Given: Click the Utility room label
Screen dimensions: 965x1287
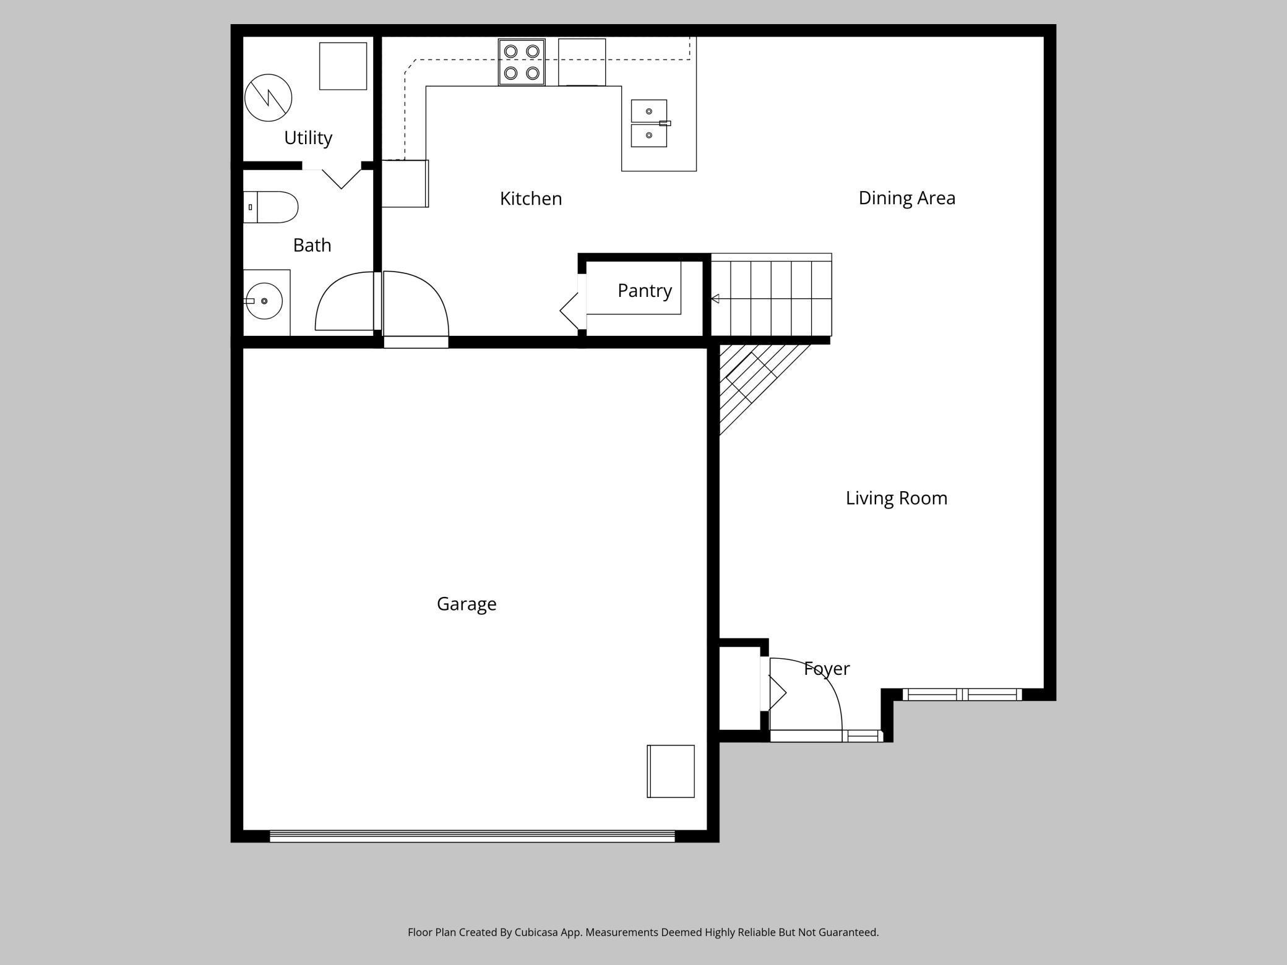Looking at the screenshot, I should click(x=308, y=137).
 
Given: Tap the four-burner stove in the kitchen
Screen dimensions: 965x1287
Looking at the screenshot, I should click(x=522, y=62).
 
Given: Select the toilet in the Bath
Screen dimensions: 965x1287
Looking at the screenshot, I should click(x=272, y=207).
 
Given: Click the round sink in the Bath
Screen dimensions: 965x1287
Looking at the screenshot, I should click(x=264, y=301).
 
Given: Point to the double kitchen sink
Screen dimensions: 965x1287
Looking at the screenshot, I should click(x=648, y=123).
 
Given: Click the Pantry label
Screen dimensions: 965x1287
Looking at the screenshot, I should click(x=644, y=290).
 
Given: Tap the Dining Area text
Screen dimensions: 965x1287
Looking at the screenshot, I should click(x=906, y=198).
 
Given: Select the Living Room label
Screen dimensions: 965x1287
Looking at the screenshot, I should click(x=896, y=498).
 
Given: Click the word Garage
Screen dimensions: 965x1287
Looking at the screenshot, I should click(x=467, y=604).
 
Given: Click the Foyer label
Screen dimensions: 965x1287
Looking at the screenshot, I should click(x=827, y=669).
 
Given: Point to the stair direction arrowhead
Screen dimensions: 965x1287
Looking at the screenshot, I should click(x=715, y=299).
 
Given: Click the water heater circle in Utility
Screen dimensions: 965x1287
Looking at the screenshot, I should click(x=268, y=98).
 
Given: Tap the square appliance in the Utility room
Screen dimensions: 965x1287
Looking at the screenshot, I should click(x=343, y=66).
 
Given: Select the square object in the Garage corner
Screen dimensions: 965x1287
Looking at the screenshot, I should click(x=671, y=771).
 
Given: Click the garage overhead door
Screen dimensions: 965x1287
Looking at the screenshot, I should click(x=472, y=836).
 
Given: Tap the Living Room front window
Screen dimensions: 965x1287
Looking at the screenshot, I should click(x=962, y=695).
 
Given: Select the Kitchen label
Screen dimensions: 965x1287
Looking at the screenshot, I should click(x=530, y=199).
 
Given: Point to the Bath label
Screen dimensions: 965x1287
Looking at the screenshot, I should click(x=312, y=246).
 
